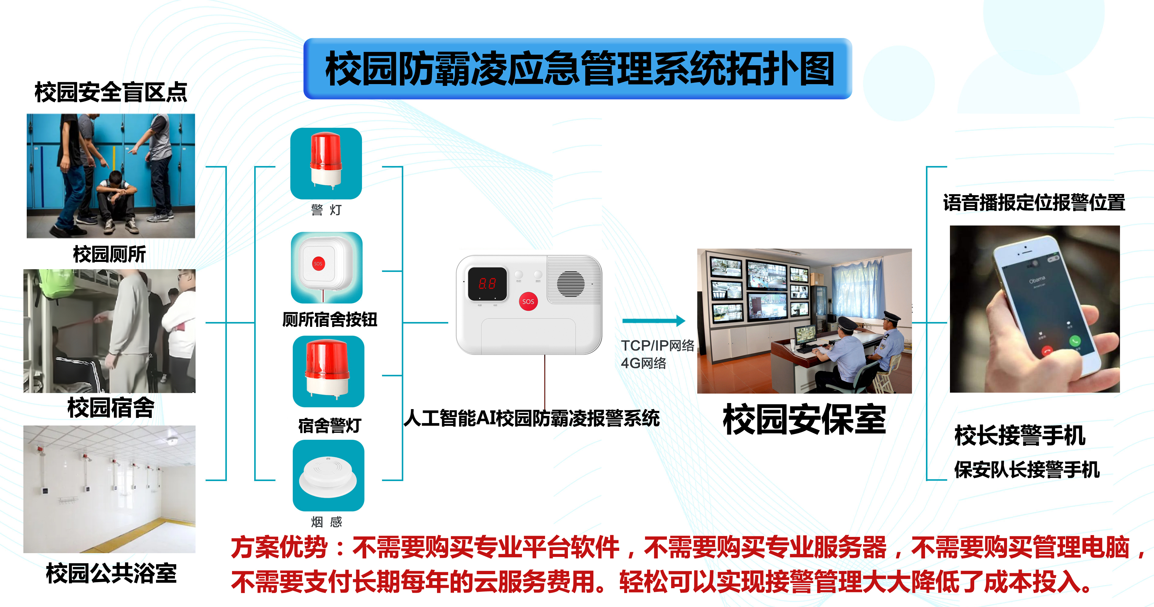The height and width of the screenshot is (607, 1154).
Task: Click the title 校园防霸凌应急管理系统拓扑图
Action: (x=579, y=69)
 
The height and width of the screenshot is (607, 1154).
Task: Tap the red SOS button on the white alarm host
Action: (x=528, y=301)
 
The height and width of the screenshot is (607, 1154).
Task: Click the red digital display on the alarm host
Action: (x=487, y=283)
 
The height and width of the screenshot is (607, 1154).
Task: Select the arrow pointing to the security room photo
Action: (x=654, y=320)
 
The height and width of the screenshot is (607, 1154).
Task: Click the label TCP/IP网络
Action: (x=657, y=346)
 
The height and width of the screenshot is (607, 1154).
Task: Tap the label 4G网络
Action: (x=643, y=363)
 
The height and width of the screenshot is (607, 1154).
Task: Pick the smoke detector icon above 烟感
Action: (x=328, y=475)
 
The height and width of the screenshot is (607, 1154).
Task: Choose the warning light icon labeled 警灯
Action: (x=326, y=163)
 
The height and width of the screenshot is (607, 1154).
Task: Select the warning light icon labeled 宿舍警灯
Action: (x=328, y=371)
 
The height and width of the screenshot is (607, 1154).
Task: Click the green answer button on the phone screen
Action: (x=1075, y=341)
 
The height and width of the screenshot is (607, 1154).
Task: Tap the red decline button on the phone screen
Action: (x=1047, y=351)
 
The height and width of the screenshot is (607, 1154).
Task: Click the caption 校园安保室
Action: (x=804, y=419)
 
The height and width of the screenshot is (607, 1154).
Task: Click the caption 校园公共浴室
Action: (x=111, y=573)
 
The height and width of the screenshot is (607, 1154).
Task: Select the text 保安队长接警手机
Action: (x=1027, y=470)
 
